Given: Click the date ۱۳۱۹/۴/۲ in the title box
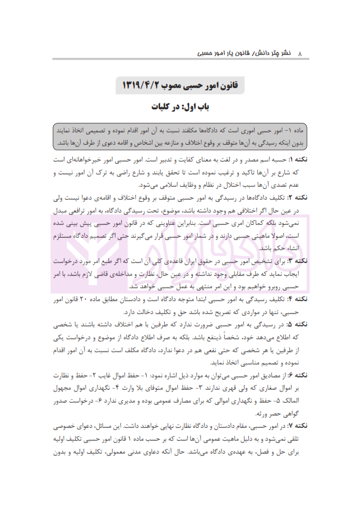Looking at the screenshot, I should click(x=144, y=86).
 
